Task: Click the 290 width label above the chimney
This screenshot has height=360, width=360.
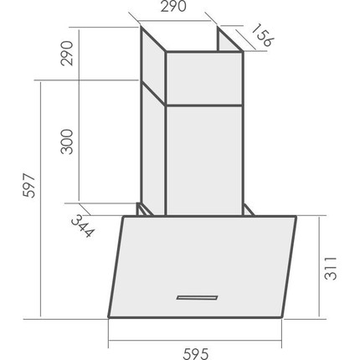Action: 173,7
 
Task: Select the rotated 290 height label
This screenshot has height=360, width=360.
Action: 67,54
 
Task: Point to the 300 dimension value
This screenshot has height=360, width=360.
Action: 67,141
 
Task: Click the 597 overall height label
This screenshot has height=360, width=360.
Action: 29,186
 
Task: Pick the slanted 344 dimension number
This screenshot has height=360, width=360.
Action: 83,226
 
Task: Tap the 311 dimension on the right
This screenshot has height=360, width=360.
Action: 331,268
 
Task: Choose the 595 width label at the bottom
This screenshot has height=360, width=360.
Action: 196,354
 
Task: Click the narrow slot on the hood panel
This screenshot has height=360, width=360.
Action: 197,297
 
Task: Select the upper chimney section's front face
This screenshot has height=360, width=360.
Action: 204,79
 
